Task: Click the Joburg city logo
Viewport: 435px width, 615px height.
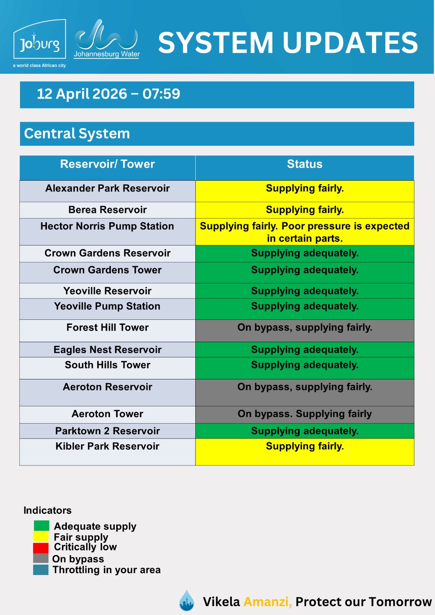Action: pos(40,43)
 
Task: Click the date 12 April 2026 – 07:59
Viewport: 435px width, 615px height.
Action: pos(108,94)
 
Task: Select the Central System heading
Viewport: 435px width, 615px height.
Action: pos(77,134)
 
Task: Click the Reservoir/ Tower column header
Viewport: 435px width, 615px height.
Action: pos(107,165)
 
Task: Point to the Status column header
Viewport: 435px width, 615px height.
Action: pos(305,165)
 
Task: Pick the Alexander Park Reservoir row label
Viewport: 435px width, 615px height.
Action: pos(107,188)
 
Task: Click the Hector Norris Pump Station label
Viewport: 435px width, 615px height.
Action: pos(107,226)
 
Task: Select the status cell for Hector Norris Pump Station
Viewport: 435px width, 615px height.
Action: pos(305,232)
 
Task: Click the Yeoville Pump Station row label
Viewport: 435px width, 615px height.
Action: pos(107,306)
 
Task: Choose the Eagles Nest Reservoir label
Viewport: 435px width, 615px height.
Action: pos(107,350)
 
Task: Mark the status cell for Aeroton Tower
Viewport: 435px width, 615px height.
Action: pos(305,414)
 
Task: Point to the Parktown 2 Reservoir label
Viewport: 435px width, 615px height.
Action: pos(107,431)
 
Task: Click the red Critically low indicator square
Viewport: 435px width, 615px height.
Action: pos(41,548)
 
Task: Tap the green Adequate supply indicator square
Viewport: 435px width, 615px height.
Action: pos(41,525)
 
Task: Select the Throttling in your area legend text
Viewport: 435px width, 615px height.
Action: pos(107,570)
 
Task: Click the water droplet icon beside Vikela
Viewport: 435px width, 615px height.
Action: pos(187,600)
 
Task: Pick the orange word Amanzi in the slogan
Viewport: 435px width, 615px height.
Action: pos(268,602)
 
